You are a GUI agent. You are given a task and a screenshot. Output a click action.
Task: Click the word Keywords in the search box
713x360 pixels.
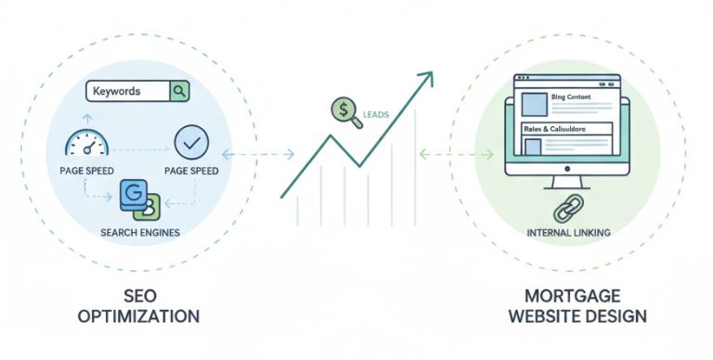(116, 92)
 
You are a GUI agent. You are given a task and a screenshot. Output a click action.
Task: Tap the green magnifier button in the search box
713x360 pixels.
(179, 91)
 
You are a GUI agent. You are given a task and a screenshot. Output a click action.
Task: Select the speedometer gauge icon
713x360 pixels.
(87, 143)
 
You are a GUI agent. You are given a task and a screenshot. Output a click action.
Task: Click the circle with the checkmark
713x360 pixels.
(191, 142)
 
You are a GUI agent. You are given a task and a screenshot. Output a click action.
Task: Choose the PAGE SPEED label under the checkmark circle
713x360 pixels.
(191, 171)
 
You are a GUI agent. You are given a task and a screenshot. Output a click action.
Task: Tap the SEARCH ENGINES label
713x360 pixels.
(140, 230)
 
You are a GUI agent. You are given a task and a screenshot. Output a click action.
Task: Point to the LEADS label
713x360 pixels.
(376, 116)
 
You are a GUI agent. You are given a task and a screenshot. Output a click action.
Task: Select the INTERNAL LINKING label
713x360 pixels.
(566, 232)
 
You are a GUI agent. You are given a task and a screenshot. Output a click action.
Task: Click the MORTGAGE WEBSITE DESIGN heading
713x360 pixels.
(573, 305)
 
